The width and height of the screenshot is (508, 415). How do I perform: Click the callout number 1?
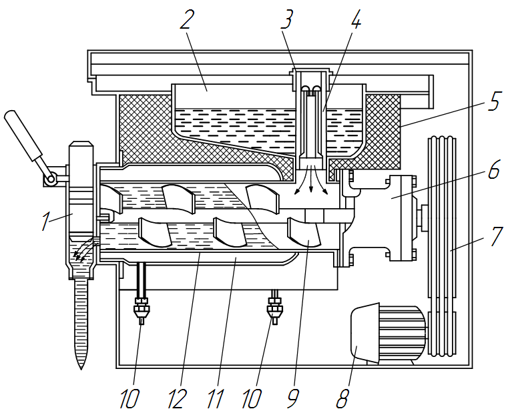46,222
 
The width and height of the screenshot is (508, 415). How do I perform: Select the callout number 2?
188,19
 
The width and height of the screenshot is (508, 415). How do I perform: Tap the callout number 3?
287,19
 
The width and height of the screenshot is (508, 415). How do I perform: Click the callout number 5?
495,101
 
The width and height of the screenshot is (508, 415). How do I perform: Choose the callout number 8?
342,398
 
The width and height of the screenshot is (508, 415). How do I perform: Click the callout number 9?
293,398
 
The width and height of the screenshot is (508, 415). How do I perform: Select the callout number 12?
177,398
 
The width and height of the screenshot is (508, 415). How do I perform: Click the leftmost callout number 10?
130,398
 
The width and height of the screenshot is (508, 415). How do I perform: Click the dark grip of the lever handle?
23,135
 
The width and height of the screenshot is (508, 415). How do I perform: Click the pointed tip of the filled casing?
81,368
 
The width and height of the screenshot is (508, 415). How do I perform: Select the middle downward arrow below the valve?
311,179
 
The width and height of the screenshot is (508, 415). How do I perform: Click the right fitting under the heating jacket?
275,308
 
